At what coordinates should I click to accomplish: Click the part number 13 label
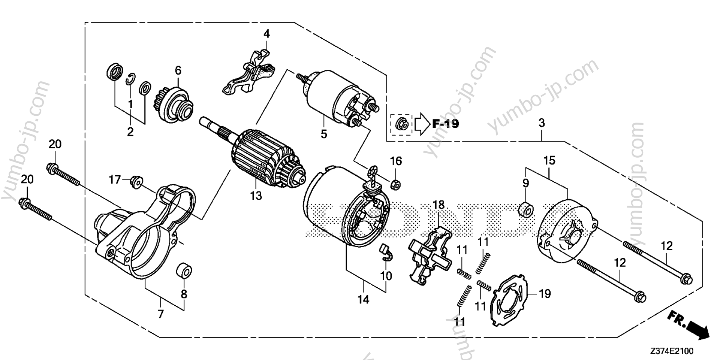click(256, 196)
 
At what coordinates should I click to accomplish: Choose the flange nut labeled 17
click(135, 182)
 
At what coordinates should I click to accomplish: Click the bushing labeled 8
click(184, 270)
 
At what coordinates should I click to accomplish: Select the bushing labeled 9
click(525, 211)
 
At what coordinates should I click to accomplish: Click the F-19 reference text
click(445, 123)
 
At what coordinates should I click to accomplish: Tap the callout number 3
click(542, 123)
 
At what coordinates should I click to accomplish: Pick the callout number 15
click(549, 161)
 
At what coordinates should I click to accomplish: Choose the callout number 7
click(161, 314)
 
